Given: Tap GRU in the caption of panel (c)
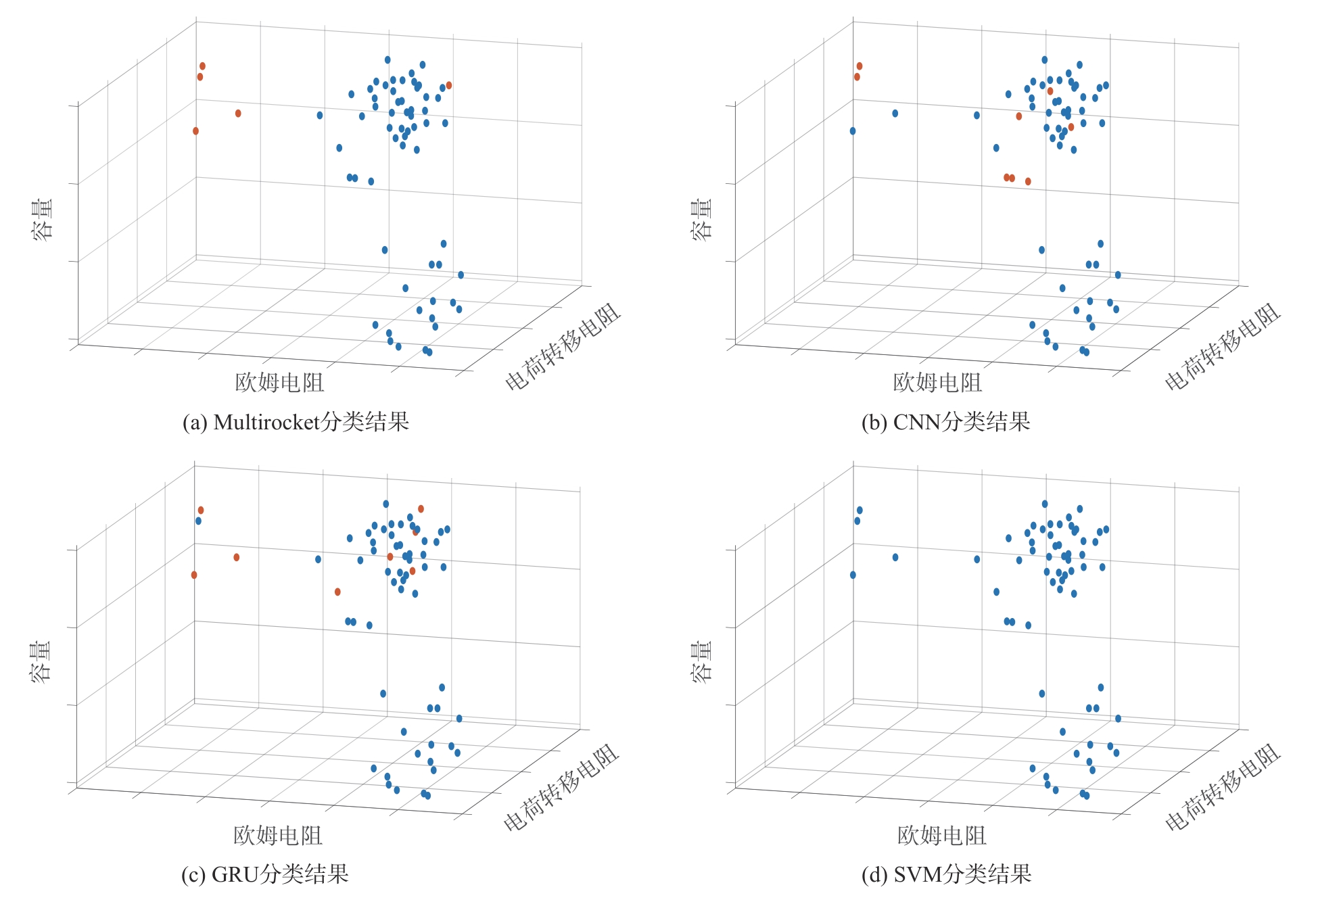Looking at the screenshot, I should pyautogui.click(x=235, y=875).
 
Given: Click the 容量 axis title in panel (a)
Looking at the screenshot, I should pyautogui.click(x=43, y=219).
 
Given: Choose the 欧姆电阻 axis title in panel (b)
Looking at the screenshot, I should pyautogui.click(x=937, y=383).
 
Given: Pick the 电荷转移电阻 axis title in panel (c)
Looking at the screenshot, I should pyautogui.click(x=561, y=787).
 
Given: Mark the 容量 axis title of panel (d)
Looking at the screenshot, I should pyautogui.click(x=701, y=662).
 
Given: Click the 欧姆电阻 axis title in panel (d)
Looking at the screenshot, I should pyautogui.click(x=941, y=836).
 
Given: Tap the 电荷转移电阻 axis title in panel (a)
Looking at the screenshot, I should pyautogui.click(x=563, y=346).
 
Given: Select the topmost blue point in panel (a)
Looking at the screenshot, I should pyautogui.click(x=387, y=60).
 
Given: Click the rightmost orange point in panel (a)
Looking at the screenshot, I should pyautogui.click(x=449, y=85).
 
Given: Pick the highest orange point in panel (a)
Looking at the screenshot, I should pyautogui.click(x=202, y=66).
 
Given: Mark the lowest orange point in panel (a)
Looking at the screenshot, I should pyautogui.click(x=195, y=131).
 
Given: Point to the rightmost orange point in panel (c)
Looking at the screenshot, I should pyautogui.click(x=421, y=508).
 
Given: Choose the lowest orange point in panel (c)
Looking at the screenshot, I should pyautogui.click(x=337, y=592).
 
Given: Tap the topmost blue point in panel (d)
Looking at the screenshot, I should pyautogui.click(x=1045, y=504).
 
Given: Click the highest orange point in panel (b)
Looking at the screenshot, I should pyautogui.click(x=860, y=66).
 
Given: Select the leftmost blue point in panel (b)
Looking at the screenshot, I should pyautogui.click(x=853, y=131).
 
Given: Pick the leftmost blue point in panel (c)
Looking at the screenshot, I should pyautogui.click(x=198, y=521).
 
